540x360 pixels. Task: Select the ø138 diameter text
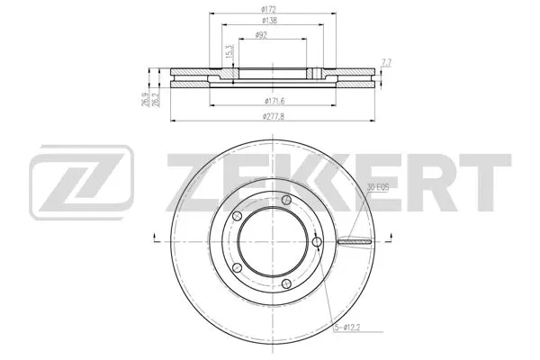[269, 21]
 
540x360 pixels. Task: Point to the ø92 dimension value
[260, 34]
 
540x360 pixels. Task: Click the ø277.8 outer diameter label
[273, 116]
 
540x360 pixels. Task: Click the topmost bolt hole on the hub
[286, 200]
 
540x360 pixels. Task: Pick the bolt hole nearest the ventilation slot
[318, 241]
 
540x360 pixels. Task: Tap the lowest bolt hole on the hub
[286, 283]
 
